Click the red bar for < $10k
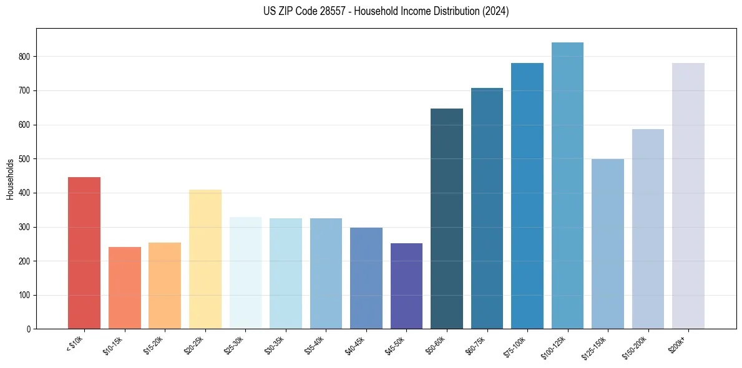84,253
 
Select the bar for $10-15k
124,288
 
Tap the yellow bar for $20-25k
205,259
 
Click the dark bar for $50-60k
447,218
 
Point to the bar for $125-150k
608,244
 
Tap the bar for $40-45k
366,278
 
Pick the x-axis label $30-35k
276,345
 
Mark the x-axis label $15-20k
155,345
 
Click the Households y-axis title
11,179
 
